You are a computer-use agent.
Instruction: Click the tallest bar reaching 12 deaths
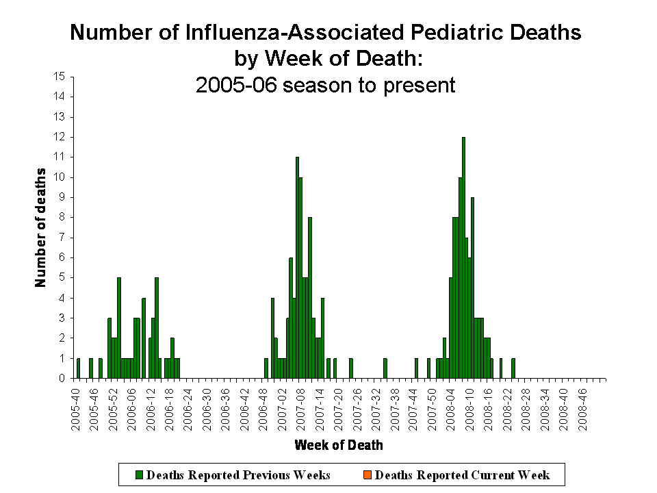click(x=463, y=257)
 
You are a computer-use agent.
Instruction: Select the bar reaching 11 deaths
click(x=297, y=267)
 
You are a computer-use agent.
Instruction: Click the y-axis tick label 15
click(x=60, y=77)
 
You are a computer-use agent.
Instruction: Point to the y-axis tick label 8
click(x=62, y=218)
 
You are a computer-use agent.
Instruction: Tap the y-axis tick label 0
click(x=62, y=378)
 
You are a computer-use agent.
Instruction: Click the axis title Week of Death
click(x=339, y=446)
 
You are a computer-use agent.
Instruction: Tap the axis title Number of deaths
click(x=40, y=227)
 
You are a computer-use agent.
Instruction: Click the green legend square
click(x=140, y=475)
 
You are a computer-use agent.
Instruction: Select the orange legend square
click(x=369, y=475)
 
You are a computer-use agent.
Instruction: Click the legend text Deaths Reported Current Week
click(x=463, y=475)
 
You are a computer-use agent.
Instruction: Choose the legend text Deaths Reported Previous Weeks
click(x=238, y=475)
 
